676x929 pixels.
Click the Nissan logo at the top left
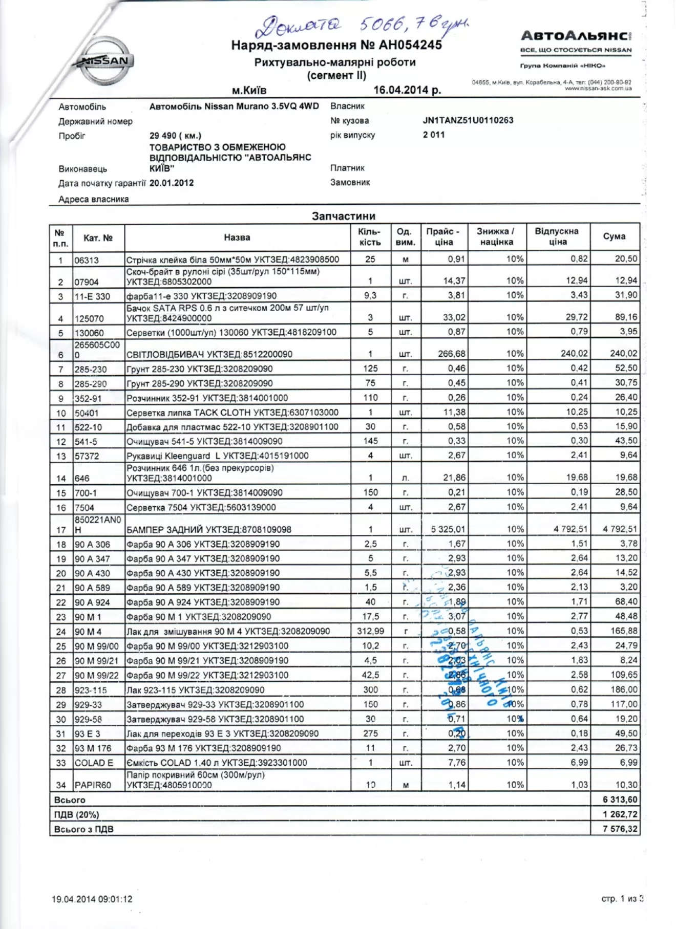click(x=105, y=61)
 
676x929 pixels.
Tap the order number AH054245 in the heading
click(x=410, y=45)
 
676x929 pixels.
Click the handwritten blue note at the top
click(x=361, y=25)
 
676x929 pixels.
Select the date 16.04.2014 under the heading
click(x=407, y=90)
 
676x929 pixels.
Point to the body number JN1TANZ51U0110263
click(x=468, y=120)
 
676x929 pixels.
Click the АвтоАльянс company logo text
click(x=575, y=36)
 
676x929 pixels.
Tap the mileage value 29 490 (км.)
click(x=175, y=136)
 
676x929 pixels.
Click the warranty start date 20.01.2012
click(x=172, y=183)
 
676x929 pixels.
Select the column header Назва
click(x=237, y=237)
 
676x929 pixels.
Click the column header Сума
click(x=614, y=236)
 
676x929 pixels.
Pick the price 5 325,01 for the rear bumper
click(x=448, y=529)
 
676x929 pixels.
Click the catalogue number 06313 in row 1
click(x=87, y=260)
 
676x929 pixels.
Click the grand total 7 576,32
click(x=620, y=829)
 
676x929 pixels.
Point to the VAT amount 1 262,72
click(x=620, y=814)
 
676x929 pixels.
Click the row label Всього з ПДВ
click(x=84, y=829)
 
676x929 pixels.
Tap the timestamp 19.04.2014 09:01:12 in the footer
click(x=92, y=899)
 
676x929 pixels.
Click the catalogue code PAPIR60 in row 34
click(x=93, y=785)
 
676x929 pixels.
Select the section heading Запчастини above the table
click(x=344, y=216)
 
